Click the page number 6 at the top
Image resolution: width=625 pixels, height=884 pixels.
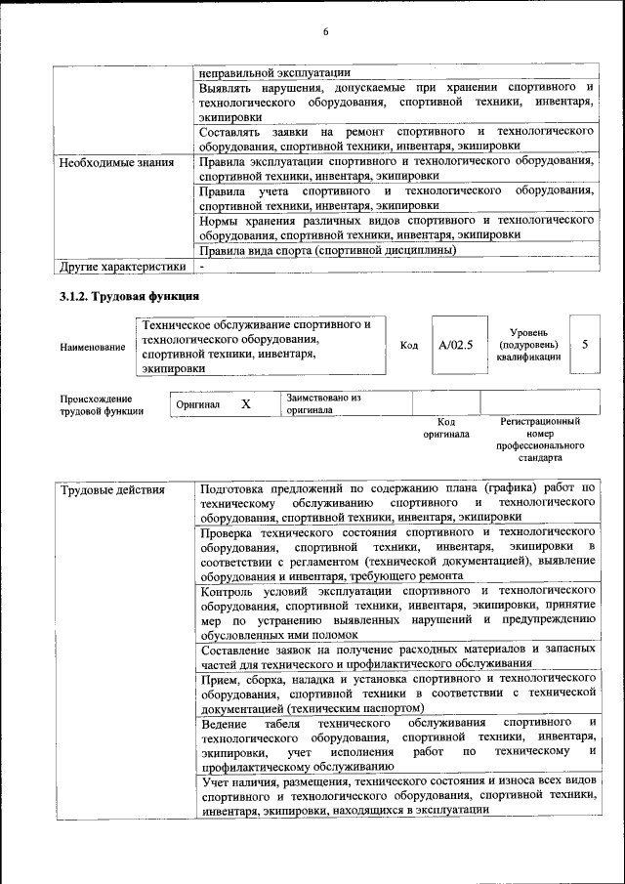(326, 32)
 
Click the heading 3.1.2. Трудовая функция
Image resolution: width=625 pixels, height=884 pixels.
(130, 296)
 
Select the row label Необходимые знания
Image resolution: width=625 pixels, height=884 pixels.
(117, 162)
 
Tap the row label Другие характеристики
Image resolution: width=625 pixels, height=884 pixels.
(122, 266)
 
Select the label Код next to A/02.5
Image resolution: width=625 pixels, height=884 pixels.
(409, 346)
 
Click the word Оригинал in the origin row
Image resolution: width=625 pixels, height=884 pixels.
(198, 404)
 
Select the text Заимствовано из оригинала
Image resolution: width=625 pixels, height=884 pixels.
(323, 404)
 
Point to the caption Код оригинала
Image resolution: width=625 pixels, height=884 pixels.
(445, 428)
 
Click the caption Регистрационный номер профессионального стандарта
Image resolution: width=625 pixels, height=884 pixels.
(539, 440)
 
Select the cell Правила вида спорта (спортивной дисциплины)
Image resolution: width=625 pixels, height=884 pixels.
(327, 249)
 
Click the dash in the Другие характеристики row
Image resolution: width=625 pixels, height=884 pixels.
(201, 266)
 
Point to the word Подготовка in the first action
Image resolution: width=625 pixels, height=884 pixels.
(235, 487)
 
